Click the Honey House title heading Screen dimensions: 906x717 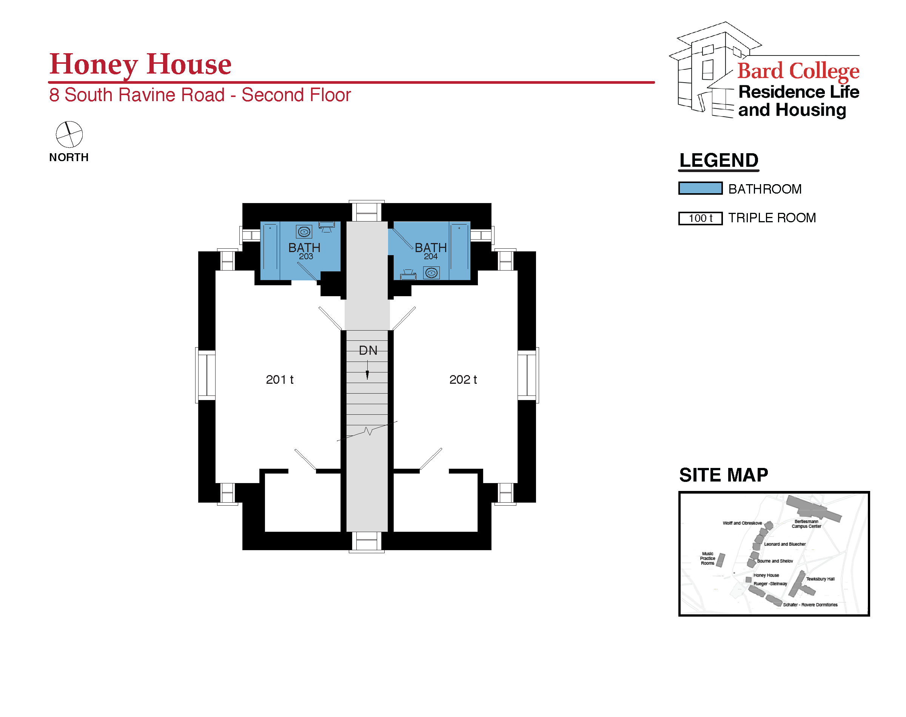tap(140, 64)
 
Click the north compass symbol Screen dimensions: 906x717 tap(69, 134)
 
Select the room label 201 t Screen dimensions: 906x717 tap(280, 380)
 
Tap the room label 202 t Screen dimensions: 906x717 tap(463, 380)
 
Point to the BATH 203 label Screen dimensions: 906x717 tap(304, 251)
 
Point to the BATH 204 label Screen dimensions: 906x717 tap(431, 251)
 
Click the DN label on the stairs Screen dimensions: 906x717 tap(368, 351)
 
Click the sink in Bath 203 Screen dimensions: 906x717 tap(304, 231)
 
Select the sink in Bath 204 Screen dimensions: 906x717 tap(431, 273)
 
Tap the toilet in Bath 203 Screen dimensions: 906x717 tap(327, 227)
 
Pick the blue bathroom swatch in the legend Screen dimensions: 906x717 tap(701, 188)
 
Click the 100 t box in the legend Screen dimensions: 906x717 tap(701, 218)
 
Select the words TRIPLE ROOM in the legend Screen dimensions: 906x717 tap(772, 218)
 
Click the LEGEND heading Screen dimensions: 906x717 tap(719, 160)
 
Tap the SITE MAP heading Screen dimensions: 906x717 tap(724, 475)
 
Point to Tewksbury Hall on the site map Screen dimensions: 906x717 tap(820, 579)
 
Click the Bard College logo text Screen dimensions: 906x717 tap(798, 71)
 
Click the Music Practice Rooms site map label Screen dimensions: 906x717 tap(707, 559)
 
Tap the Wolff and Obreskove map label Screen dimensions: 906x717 tap(742, 523)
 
